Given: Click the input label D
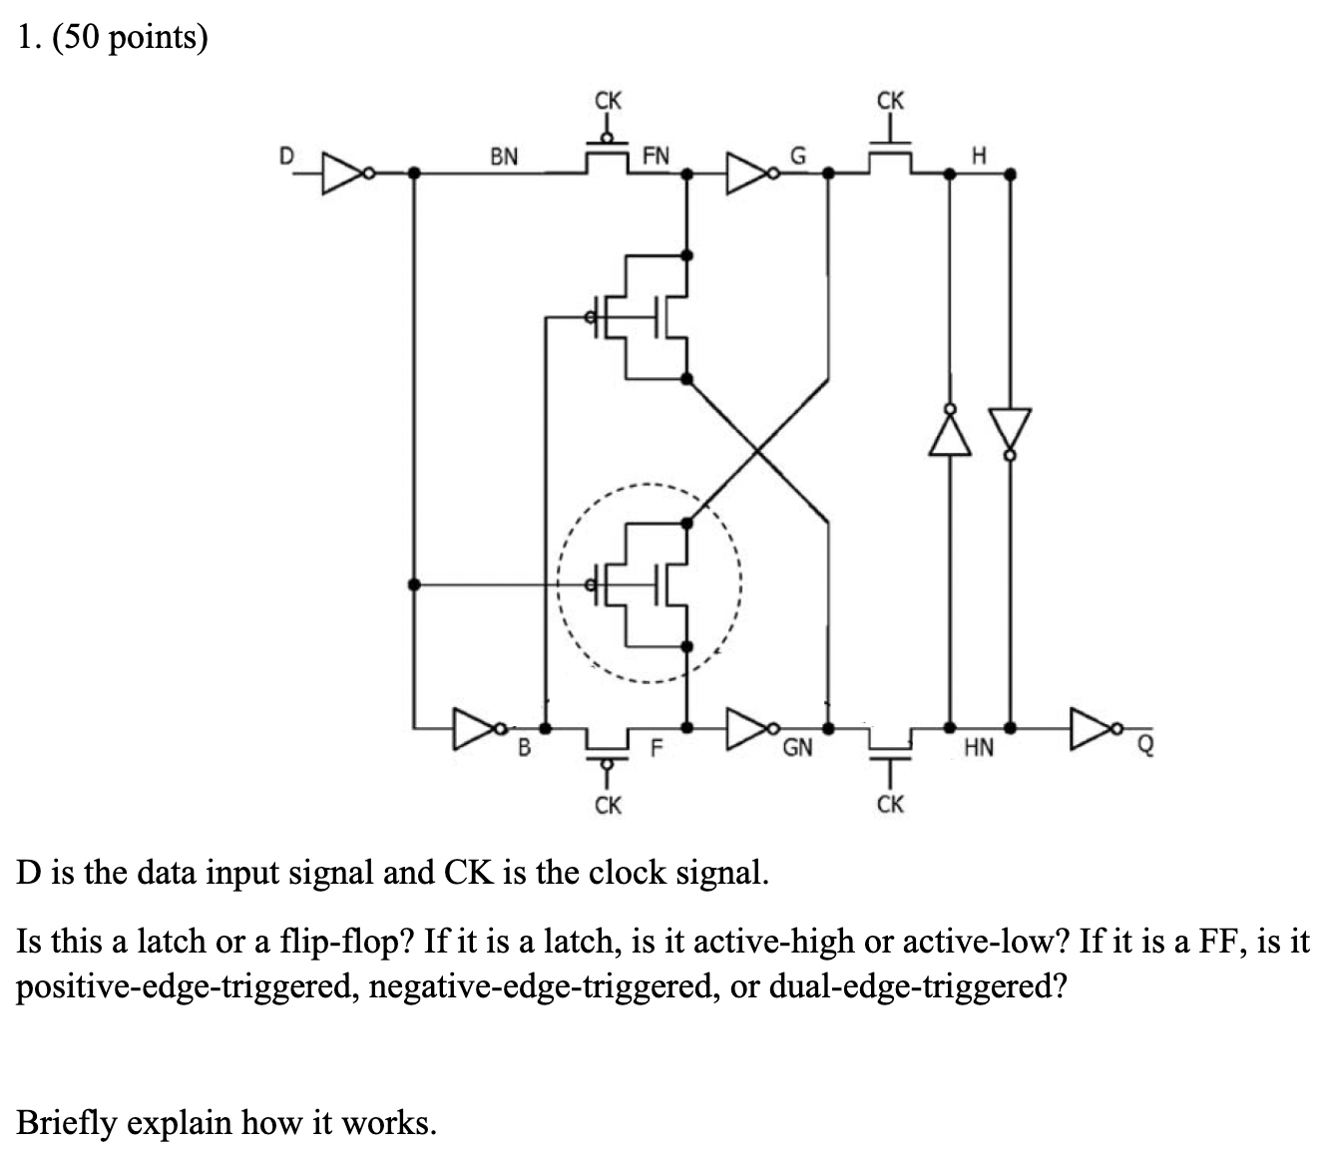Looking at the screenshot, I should pos(286,157).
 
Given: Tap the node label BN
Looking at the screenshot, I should pos(503,157).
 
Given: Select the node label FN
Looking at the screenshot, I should pos(657,157).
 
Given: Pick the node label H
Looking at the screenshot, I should pos(979,157).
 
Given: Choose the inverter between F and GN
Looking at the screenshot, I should pos(750,727).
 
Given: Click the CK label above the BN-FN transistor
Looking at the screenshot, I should pos(607,101).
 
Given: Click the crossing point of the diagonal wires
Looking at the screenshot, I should pos(758,451).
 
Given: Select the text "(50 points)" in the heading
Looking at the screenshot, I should pos(129,37).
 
